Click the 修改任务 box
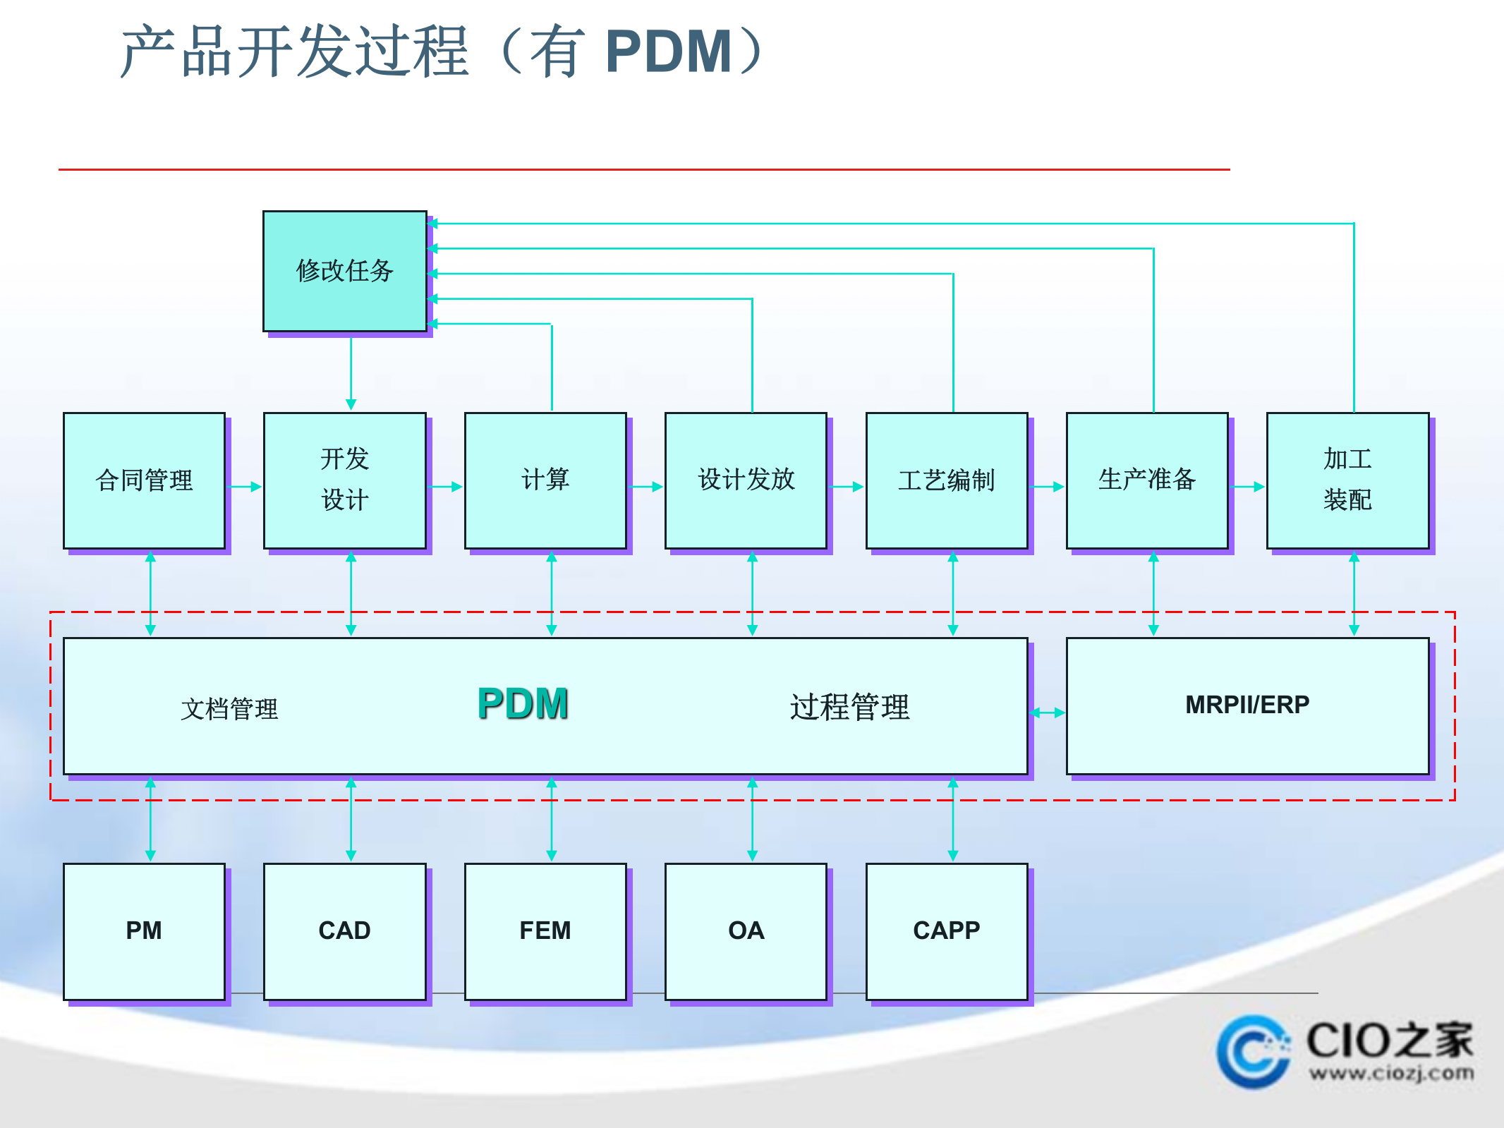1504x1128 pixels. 344,271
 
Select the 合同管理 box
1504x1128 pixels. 144,480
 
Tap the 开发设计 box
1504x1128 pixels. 344,480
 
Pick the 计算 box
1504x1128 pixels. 545,480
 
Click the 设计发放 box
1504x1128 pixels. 746,480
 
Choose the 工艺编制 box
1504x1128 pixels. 946,480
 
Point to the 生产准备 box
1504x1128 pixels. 1147,480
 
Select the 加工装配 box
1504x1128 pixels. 1347,480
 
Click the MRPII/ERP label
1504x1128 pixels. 1247,705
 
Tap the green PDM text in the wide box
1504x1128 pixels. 523,704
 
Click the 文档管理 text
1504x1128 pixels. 229,708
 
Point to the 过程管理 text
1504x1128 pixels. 849,707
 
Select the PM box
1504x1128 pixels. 144,930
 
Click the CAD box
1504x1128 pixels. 344,930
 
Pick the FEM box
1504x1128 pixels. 545,930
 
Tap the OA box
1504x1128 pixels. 746,930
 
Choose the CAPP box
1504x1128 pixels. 946,930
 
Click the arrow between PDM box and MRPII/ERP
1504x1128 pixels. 1047,712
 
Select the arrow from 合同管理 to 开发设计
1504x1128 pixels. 245,486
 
